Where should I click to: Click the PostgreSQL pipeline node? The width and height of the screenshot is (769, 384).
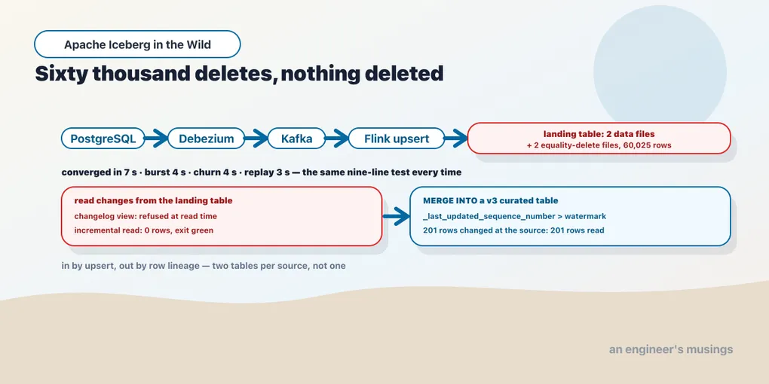click(103, 139)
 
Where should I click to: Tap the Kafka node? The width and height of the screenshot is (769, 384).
click(297, 139)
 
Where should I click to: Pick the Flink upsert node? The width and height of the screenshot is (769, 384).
click(397, 139)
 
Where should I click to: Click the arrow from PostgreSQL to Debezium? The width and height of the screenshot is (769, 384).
click(157, 139)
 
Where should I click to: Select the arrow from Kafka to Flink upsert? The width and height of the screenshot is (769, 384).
click(337, 139)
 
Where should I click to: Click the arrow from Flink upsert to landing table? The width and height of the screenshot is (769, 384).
click(456, 139)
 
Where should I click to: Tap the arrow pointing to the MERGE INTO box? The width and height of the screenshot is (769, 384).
click(396, 216)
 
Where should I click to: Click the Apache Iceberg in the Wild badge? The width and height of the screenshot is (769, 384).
click(137, 44)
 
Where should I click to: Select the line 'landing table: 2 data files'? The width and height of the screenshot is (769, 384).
click(599, 134)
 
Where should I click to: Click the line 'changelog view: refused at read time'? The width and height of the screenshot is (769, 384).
click(146, 216)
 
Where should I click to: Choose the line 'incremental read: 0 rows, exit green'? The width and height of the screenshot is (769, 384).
click(144, 230)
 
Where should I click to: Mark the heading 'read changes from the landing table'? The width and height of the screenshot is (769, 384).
click(153, 201)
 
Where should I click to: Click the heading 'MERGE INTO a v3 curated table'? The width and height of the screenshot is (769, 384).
click(491, 201)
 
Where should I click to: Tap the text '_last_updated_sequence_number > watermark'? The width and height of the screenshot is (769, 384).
click(514, 216)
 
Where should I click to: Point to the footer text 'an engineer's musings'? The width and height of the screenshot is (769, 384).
click(671, 349)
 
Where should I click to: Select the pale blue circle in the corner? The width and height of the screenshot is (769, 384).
click(660, 71)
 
